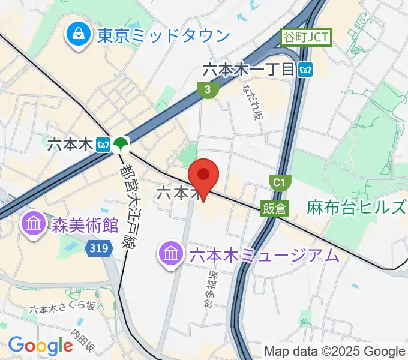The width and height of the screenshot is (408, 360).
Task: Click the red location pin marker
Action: (203, 176)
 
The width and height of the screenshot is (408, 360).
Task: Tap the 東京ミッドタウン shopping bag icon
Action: (78, 34)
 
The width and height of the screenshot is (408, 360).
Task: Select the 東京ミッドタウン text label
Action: (163, 35)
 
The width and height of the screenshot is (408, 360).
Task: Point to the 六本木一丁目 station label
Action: (249, 70)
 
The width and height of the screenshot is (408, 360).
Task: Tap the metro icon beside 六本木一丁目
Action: (306, 70)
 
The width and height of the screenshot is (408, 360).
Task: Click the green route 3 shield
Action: (207, 90)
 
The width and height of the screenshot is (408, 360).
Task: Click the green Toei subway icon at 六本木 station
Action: (122, 144)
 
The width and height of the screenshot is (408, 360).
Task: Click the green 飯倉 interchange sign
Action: (275, 208)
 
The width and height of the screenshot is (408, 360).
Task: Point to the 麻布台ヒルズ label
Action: (356, 208)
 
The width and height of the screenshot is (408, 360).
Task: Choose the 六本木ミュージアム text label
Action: (264, 256)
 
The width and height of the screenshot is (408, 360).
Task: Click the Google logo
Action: (40, 345)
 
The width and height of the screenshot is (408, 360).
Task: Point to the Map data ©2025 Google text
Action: (335, 351)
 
